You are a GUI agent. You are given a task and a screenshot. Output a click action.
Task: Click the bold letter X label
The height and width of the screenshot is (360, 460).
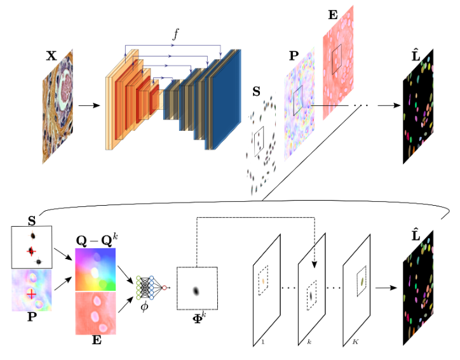[51, 55]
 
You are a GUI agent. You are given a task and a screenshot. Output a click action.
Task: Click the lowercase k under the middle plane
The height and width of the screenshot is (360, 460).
[310, 342]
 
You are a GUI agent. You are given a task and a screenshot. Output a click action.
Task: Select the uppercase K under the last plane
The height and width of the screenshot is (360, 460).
[355, 342]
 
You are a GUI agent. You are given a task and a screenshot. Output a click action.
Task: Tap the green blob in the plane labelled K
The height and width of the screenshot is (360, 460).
[362, 281]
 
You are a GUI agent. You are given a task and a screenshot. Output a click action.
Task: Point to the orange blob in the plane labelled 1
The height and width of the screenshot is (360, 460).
[263, 279]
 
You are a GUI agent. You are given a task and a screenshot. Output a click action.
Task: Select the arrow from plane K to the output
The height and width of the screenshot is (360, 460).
[385, 288]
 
